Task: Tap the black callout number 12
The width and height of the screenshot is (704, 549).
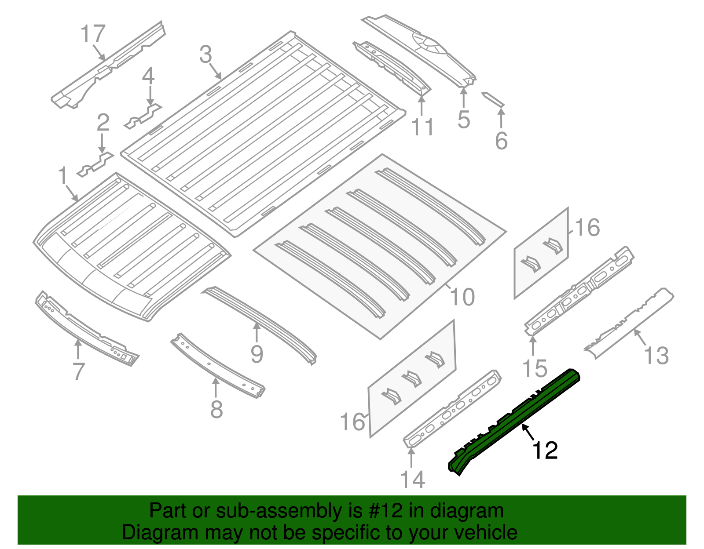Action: (545, 451)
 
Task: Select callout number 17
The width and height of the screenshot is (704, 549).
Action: (93, 34)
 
